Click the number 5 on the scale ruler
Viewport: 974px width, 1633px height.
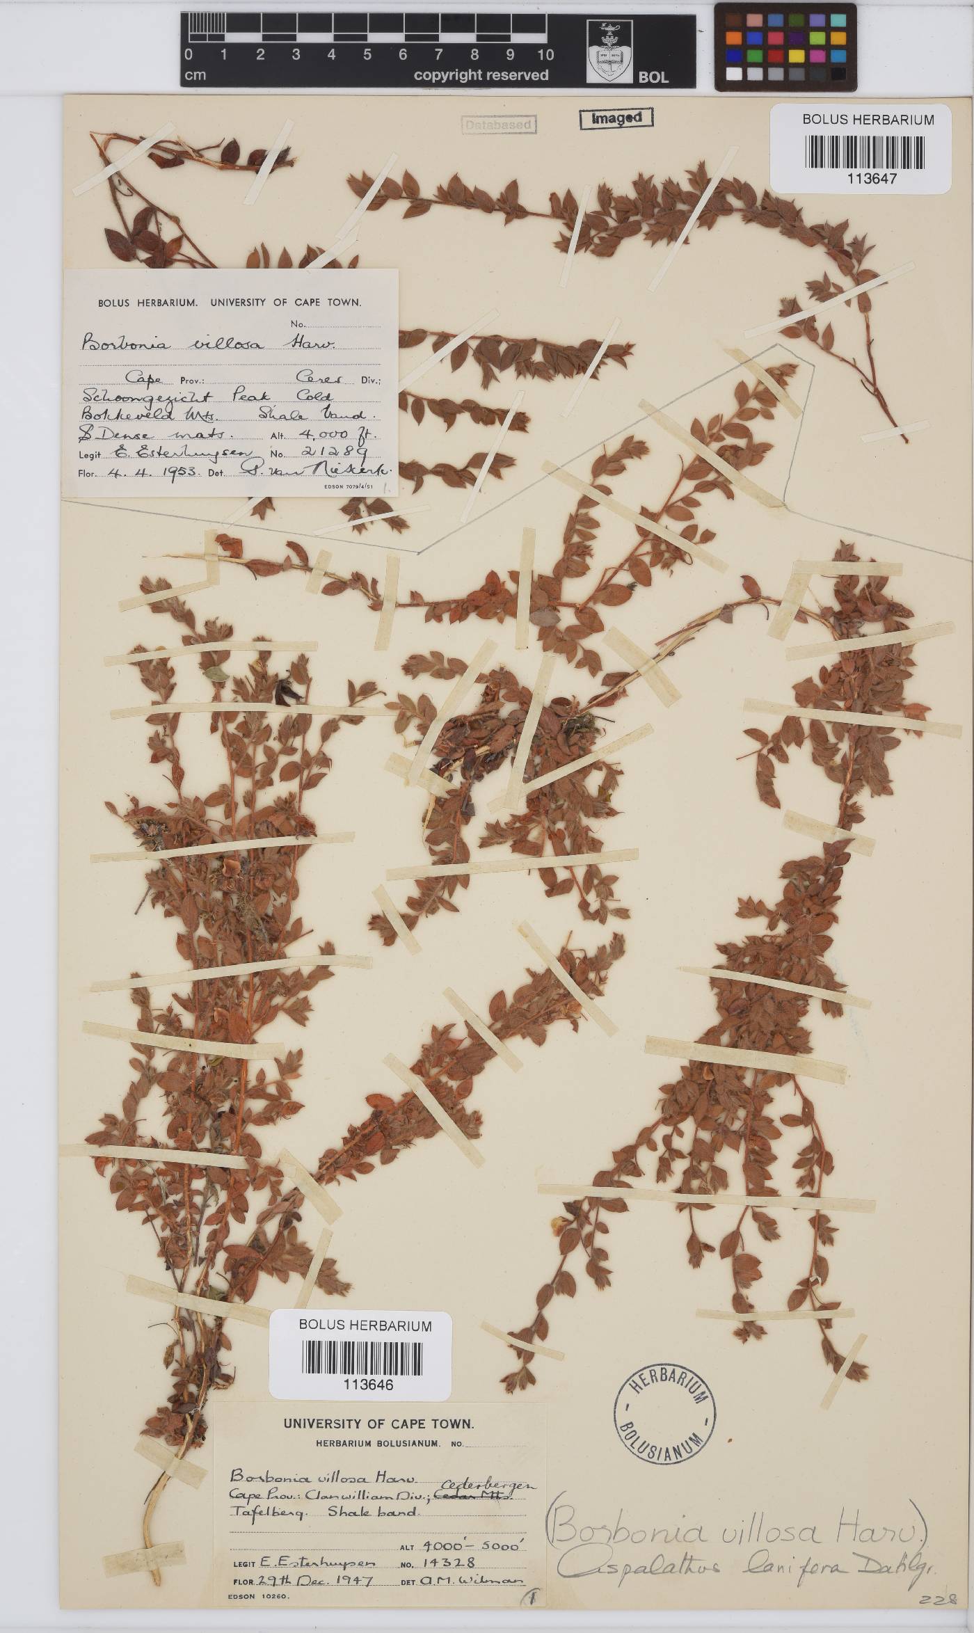[x=367, y=55]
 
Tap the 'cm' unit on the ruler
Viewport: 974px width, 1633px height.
[x=195, y=75]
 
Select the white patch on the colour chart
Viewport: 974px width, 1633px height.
[x=733, y=73]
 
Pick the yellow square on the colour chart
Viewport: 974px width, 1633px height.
[x=797, y=56]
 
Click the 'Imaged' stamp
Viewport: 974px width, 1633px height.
[x=616, y=118]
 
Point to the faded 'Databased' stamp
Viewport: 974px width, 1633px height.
[x=499, y=125]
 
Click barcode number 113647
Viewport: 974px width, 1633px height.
[x=872, y=178]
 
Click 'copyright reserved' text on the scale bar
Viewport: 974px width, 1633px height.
[x=481, y=74]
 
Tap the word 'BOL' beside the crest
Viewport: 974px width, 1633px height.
[x=653, y=77]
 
